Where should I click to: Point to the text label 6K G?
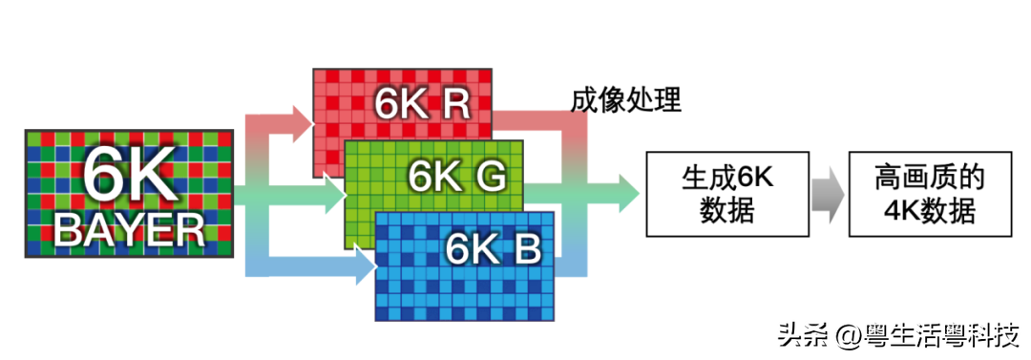click(456, 175)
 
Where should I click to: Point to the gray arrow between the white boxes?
click(826, 194)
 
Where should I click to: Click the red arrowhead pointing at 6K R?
click(303, 118)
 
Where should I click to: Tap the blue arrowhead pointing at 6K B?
click(364, 267)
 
